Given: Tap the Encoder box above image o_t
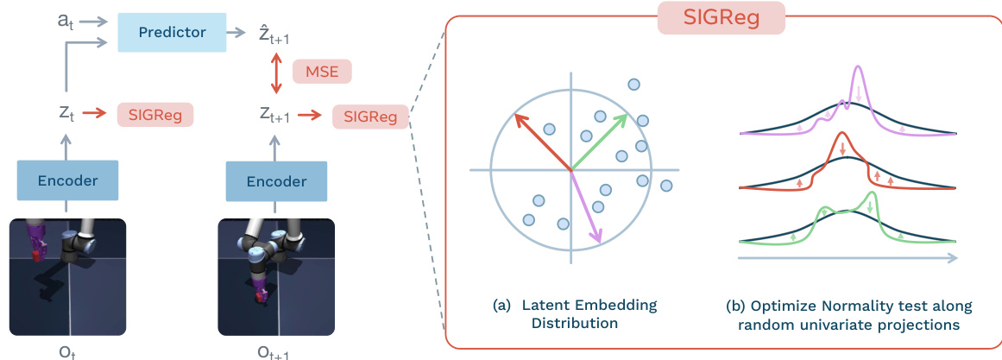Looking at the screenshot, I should (67, 180).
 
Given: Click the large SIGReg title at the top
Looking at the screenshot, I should (721, 18).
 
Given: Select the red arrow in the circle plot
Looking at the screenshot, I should (542, 142).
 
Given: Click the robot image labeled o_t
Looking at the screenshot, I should (67, 275).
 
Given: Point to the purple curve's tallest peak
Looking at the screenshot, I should (857, 69).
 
